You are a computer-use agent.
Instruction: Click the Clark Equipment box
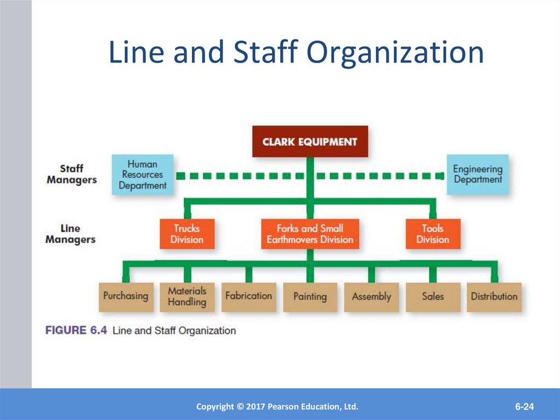coord(310,141)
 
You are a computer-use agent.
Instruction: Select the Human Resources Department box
coord(142,175)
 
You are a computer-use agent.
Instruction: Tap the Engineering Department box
coord(477,174)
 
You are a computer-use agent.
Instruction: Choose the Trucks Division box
coord(186,234)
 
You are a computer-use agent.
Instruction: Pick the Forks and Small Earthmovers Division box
coord(310,234)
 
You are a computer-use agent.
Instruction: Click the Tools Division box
coord(433,234)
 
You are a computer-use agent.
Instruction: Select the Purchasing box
coord(125,296)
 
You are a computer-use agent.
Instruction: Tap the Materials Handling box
coord(187,296)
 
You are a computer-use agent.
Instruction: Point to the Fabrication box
coord(248,296)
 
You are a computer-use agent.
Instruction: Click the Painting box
coord(310,296)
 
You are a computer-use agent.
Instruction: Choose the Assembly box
coord(371,296)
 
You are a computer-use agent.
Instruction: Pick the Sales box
coord(433,296)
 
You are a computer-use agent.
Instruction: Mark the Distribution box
coord(494,296)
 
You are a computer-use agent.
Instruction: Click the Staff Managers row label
coord(72,174)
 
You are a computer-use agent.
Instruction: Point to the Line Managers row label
coord(71,234)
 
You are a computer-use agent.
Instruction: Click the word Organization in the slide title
coord(395,54)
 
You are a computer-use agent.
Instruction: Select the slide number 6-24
coord(524,407)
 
